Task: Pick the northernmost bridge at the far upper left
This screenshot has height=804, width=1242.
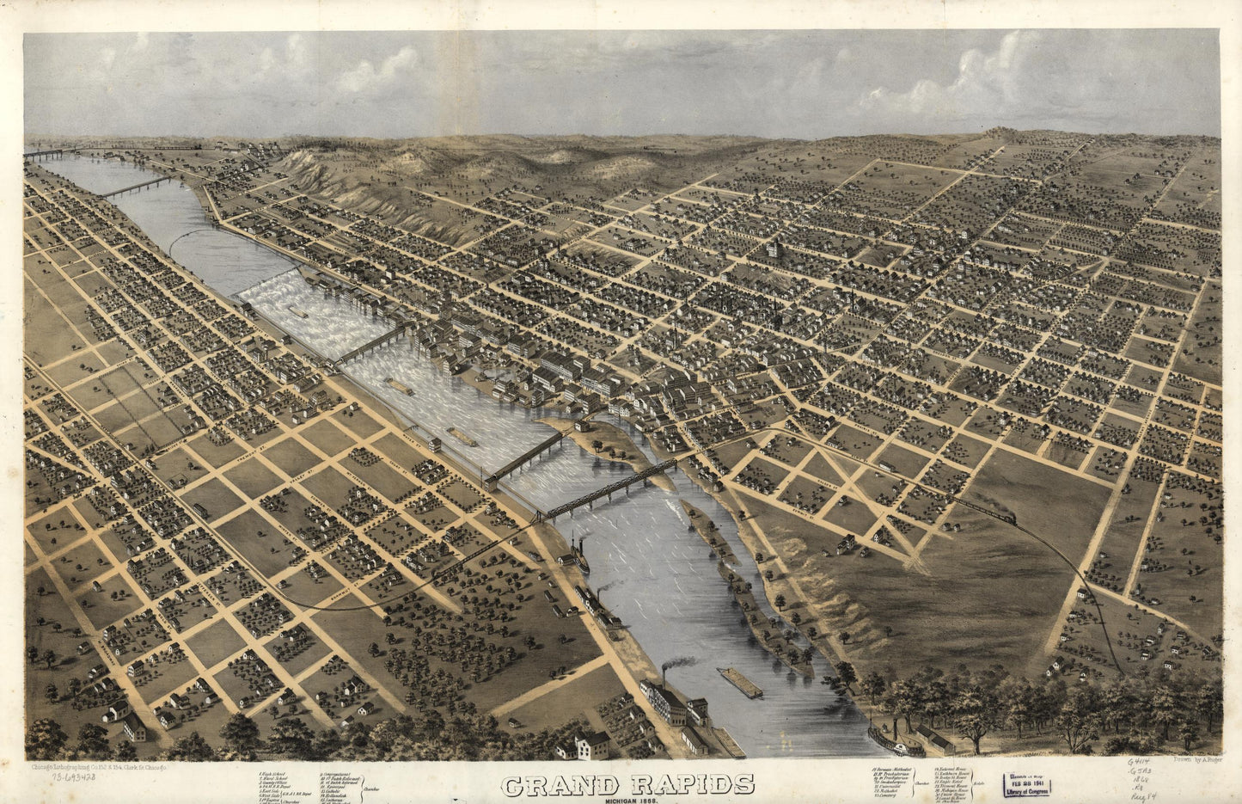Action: (x=47, y=155)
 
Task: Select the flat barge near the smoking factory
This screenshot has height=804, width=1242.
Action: (x=741, y=684)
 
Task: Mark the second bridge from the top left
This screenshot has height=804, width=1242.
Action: (x=135, y=187)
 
